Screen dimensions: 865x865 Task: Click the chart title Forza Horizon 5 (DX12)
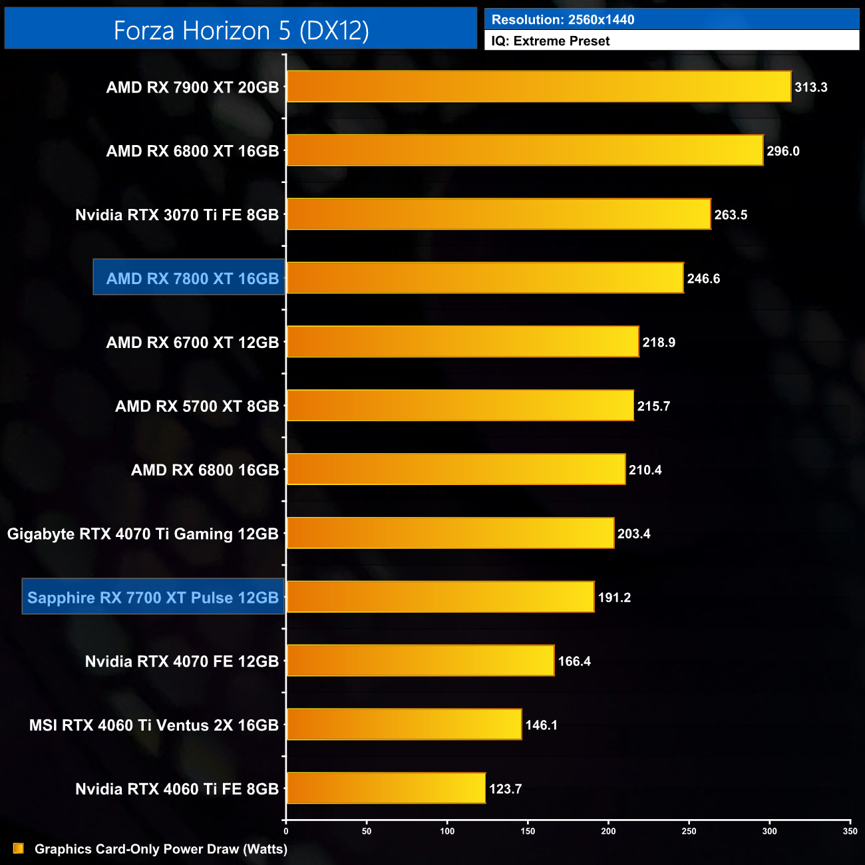coord(241,31)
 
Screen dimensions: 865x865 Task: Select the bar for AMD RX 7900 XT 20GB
coord(539,86)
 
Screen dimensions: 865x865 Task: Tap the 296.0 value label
coord(783,151)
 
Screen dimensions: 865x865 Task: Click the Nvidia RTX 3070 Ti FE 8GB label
coord(177,215)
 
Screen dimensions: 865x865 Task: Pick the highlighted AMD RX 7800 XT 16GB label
coord(192,278)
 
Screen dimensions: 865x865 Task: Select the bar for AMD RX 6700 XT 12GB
coord(462,342)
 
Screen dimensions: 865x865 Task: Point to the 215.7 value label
coord(653,406)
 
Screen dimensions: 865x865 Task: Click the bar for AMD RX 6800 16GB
coord(456,470)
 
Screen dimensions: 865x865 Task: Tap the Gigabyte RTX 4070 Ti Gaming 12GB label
coord(143,534)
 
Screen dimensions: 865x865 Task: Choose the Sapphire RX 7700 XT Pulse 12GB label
coord(153,598)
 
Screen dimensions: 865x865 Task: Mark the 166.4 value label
coord(574,661)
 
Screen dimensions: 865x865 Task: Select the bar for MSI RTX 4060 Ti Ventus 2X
coord(404,725)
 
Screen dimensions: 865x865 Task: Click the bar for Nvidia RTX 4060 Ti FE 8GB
coord(386,788)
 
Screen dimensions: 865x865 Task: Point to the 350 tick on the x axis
coord(850,831)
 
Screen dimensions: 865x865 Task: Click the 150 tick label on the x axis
coord(528,831)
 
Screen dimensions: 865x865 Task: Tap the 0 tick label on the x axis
coord(286,831)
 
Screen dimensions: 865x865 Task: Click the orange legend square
coord(19,848)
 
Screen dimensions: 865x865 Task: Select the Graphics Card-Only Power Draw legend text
coord(161,849)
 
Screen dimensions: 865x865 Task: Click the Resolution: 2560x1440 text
coord(563,19)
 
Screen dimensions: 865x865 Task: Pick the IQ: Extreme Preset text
coord(550,41)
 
